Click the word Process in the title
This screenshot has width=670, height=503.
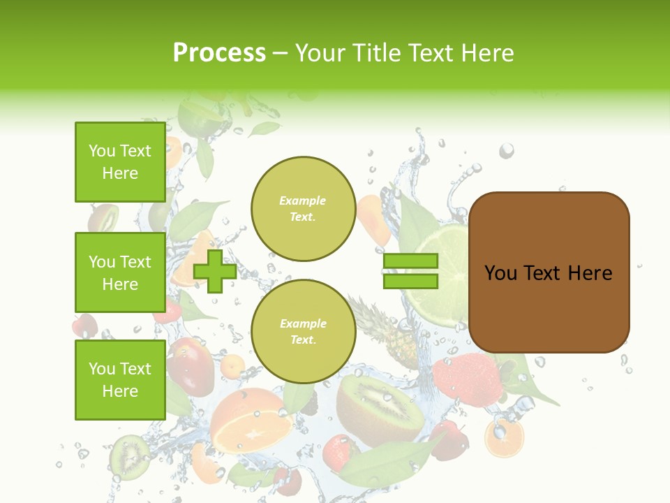tap(219, 52)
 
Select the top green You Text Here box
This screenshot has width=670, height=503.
tap(120, 162)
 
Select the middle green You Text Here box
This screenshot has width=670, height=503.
tap(120, 272)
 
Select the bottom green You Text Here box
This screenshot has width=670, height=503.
tap(120, 379)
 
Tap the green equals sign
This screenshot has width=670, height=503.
tap(410, 271)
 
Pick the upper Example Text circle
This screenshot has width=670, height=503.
tap(303, 208)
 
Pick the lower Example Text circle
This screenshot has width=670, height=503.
tap(303, 331)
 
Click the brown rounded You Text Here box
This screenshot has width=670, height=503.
tap(549, 272)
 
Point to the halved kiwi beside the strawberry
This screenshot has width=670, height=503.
tap(380, 409)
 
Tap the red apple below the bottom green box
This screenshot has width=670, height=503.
tap(190, 363)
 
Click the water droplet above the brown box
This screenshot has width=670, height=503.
tap(507, 150)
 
